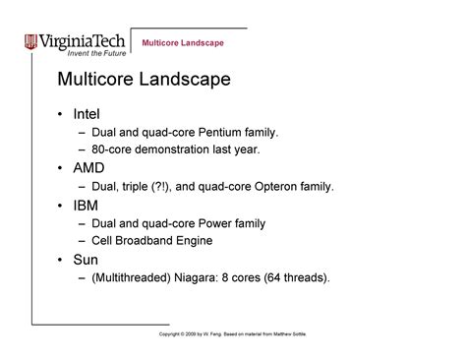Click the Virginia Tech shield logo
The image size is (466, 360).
click(x=32, y=41)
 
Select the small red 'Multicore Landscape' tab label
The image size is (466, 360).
click(x=183, y=43)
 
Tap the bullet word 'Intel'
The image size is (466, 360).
click(x=87, y=113)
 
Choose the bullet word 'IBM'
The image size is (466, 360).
click(x=87, y=206)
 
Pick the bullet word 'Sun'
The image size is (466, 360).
click(x=87, y=260)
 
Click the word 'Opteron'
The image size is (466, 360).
click(x=281, y=185)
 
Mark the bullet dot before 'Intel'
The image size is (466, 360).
click(x=62, y=114)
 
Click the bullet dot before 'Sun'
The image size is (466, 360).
click(x=62, y=261)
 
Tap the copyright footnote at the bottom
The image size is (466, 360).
click(x=232, y=334)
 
